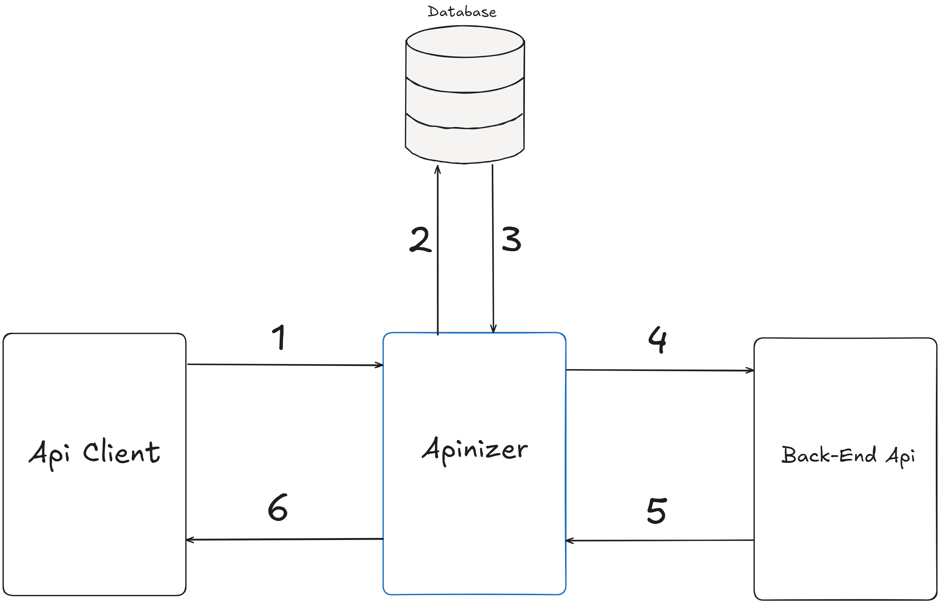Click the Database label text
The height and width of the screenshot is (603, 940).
pos(462,12)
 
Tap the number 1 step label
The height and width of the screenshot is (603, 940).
pos(279,337)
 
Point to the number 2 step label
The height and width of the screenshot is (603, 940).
pos(420,239)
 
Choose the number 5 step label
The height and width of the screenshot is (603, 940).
pos(657,510)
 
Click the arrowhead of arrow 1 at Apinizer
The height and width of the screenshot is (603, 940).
pos(380,365)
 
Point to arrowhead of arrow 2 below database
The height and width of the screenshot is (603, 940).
pos(438,168)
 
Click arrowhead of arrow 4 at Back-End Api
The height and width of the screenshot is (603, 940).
pos(751,370)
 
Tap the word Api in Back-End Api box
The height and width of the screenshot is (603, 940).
pos(900,457)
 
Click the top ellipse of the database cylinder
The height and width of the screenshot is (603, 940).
pos(465,41)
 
